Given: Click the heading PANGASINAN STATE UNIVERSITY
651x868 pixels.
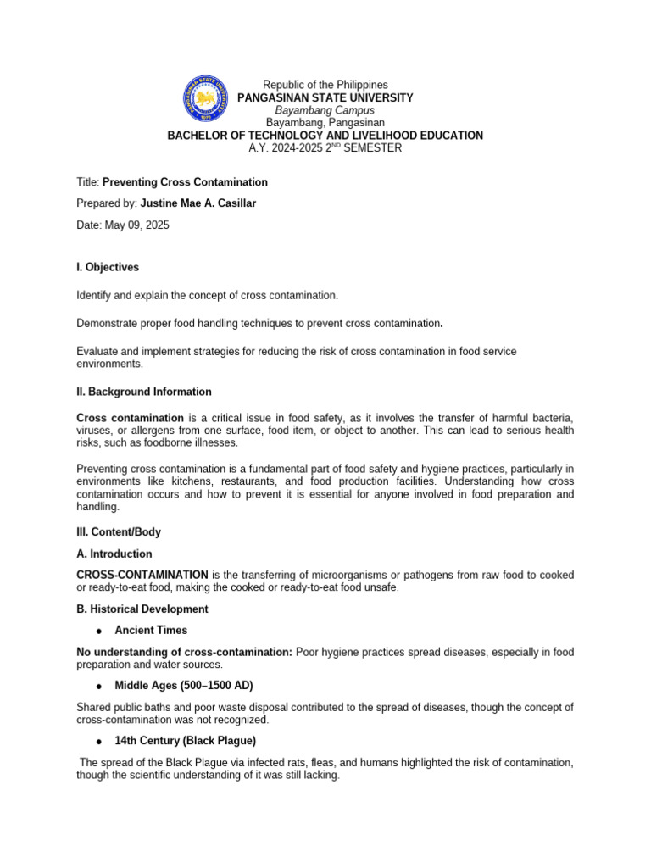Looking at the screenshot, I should click(325, 97).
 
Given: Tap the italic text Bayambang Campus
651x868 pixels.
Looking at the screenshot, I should click(325, 110).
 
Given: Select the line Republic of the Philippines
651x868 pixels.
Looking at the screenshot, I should click(325, 85).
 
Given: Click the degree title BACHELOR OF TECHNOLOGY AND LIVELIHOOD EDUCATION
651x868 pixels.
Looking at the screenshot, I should click(325, 136).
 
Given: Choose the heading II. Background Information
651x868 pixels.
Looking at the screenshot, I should click(144, 392).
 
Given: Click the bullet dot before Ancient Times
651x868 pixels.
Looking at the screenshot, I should click(99, 632).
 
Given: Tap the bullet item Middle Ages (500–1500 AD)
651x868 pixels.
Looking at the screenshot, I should click(184, 685).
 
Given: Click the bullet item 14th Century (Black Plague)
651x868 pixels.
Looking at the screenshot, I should click(185, 741).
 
